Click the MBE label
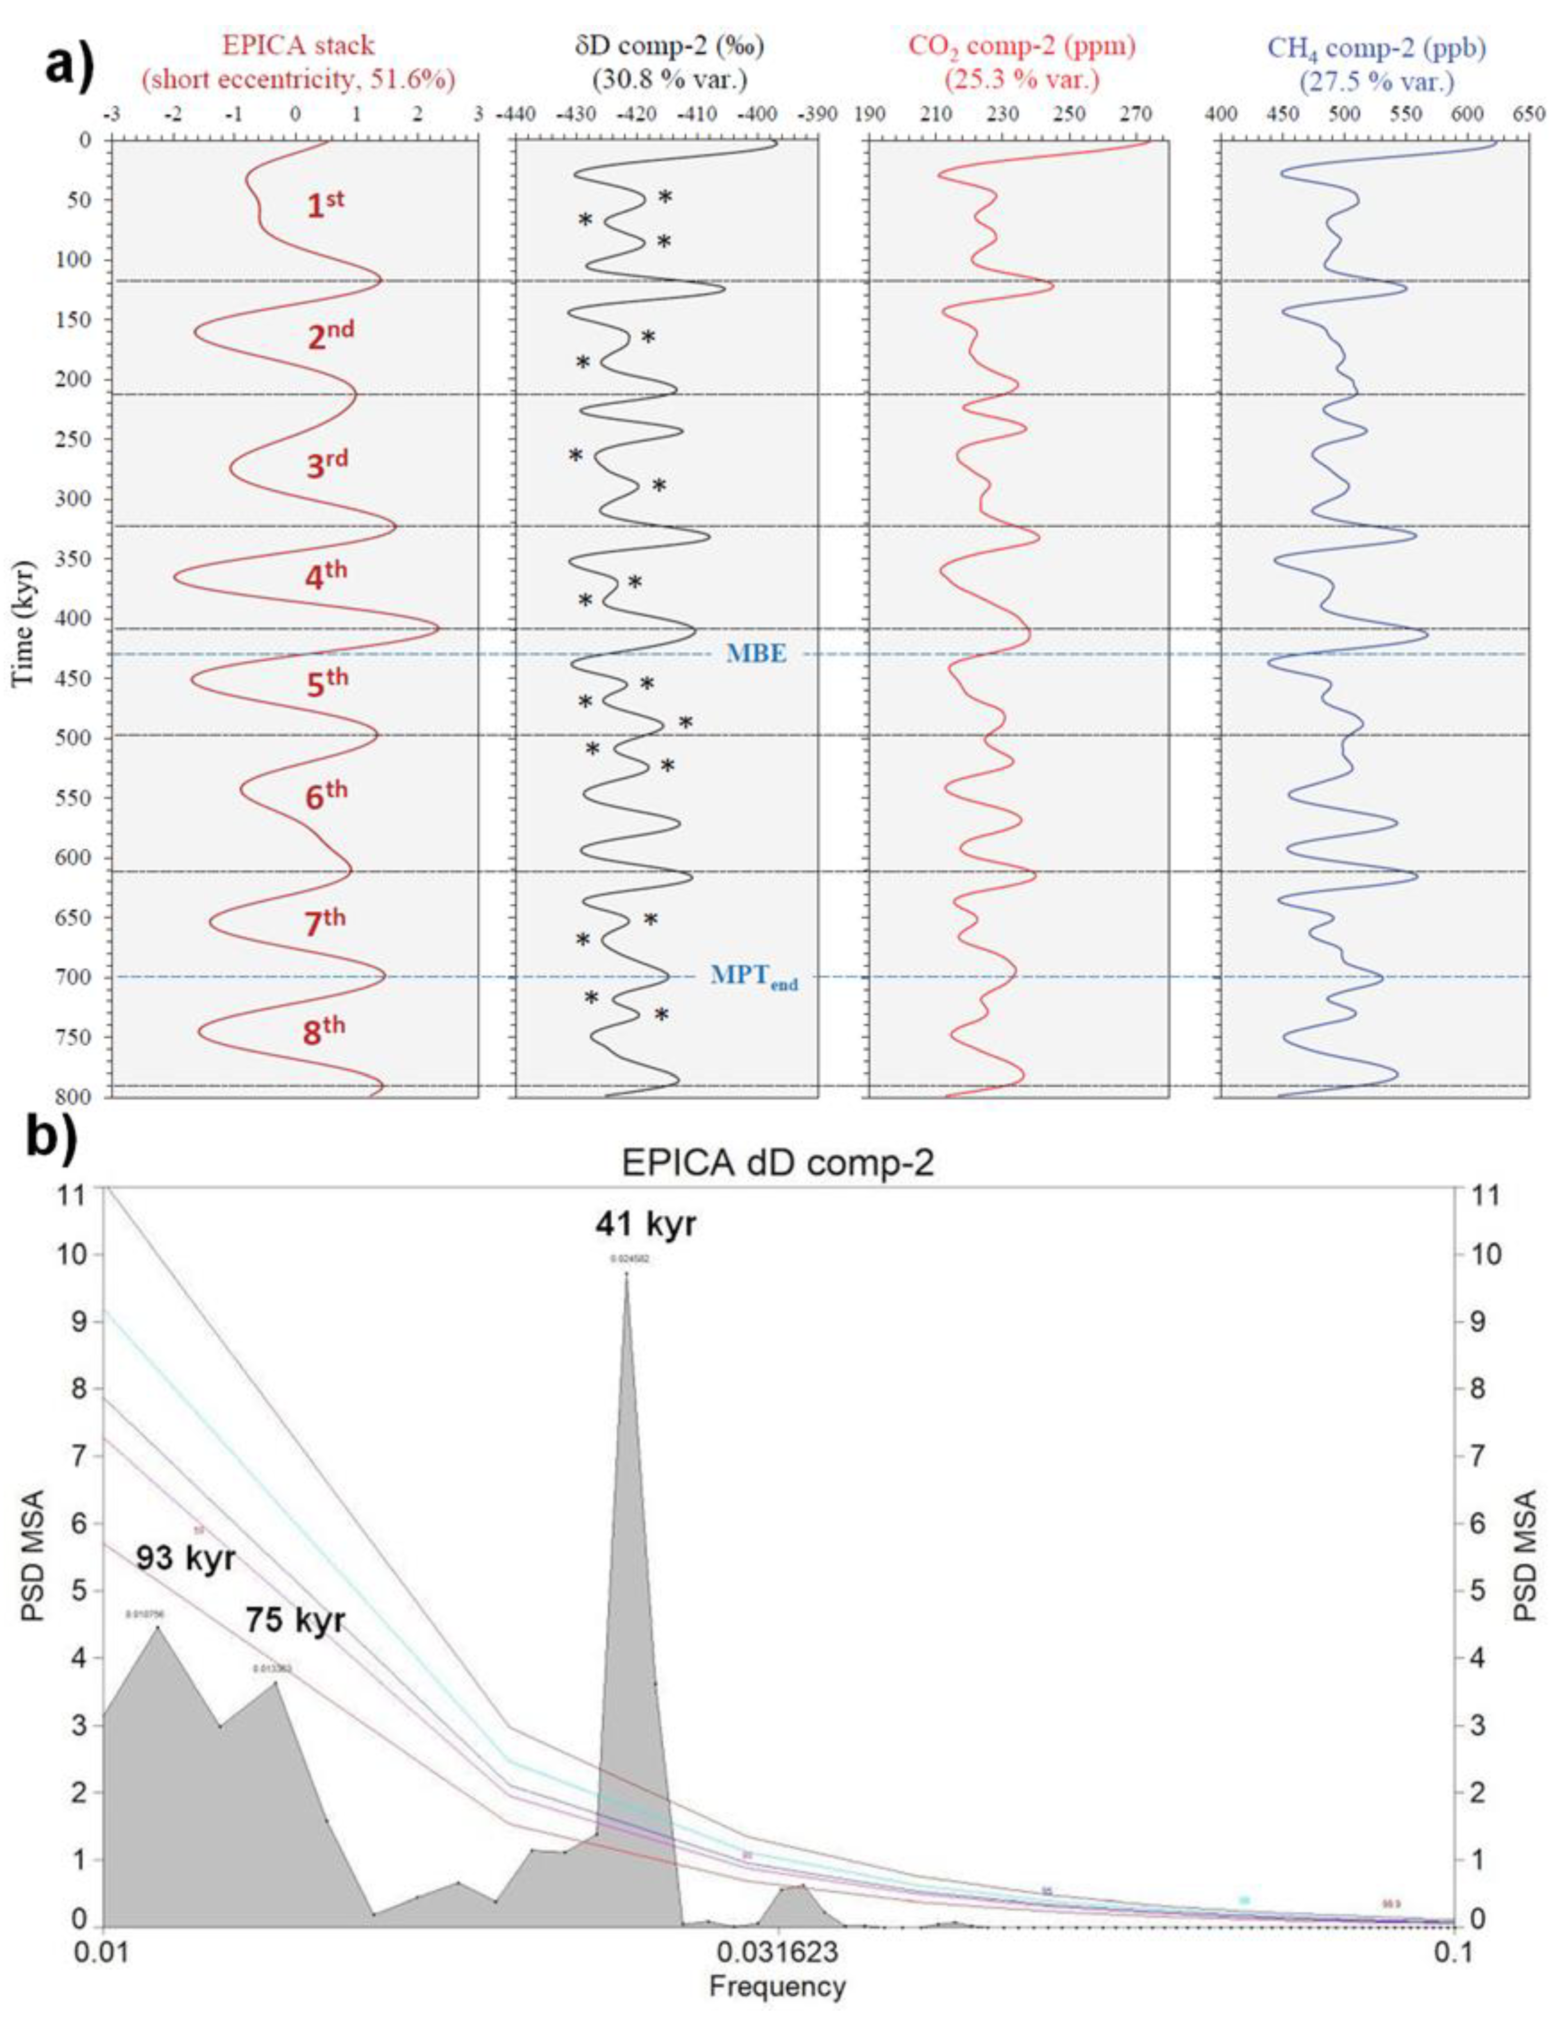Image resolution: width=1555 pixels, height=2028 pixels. click(756, 653)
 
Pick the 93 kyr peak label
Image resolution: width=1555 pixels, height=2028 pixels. click(186, 1557)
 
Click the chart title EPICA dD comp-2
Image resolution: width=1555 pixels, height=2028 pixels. click(777, 1163)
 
